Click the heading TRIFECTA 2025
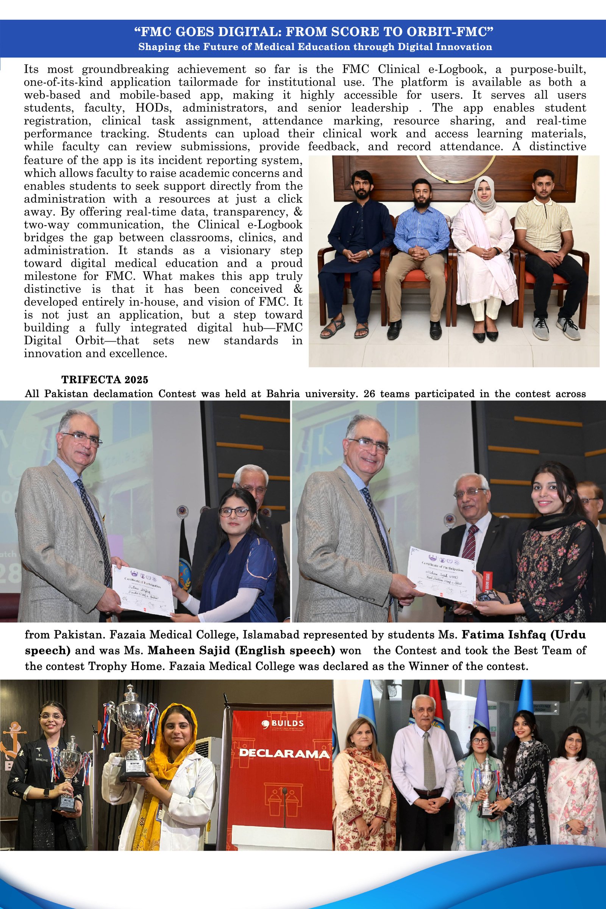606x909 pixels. coord(105,380)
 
